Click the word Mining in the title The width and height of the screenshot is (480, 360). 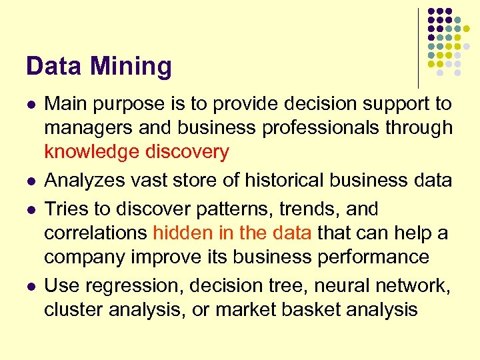131,67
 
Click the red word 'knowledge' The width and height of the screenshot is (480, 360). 91,152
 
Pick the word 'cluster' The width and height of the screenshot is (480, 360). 69,309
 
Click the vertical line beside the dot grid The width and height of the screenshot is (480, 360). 418,47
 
